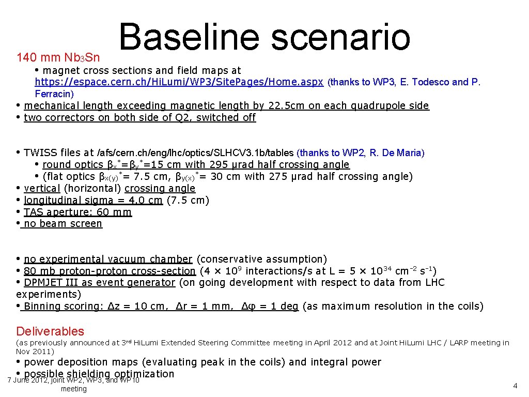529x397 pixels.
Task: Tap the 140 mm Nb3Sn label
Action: (x=58, y=57)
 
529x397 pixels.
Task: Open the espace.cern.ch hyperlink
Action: (x=179, y=82)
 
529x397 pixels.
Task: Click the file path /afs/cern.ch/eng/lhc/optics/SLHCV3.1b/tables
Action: (x=196, y=153)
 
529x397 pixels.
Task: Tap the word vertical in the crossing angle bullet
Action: (x=42, y=189)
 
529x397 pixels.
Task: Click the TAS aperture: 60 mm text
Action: (x=77, y=212)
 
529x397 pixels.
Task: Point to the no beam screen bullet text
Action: (x=63, y=224)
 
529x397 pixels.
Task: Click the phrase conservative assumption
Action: (x=262, y=259)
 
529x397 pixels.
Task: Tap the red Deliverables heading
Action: (x=50, y=331)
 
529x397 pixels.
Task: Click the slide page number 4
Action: (x=515, y=386)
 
